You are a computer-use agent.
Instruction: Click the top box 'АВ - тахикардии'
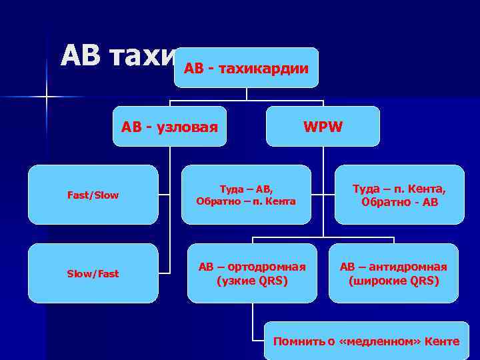pos(246,67)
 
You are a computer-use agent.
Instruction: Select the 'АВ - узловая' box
pos(169,126)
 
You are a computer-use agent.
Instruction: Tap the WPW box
pos(323,126)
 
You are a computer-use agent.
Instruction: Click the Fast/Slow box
pos(93,195)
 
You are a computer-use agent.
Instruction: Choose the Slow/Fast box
pos(93,273)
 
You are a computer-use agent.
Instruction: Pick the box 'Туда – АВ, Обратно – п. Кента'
pos(246,195)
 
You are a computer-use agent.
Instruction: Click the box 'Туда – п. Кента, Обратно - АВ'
pos(399,195)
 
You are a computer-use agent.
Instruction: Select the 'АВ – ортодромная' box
pos(253,273)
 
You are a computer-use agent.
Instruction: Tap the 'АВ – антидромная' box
pos(393,273)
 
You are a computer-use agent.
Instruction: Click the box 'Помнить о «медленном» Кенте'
pos(365,341)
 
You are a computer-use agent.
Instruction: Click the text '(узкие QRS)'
pos(253,281)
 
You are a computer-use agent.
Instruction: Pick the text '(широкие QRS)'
pos(393,281)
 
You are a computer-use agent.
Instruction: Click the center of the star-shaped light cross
pos(47,97)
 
